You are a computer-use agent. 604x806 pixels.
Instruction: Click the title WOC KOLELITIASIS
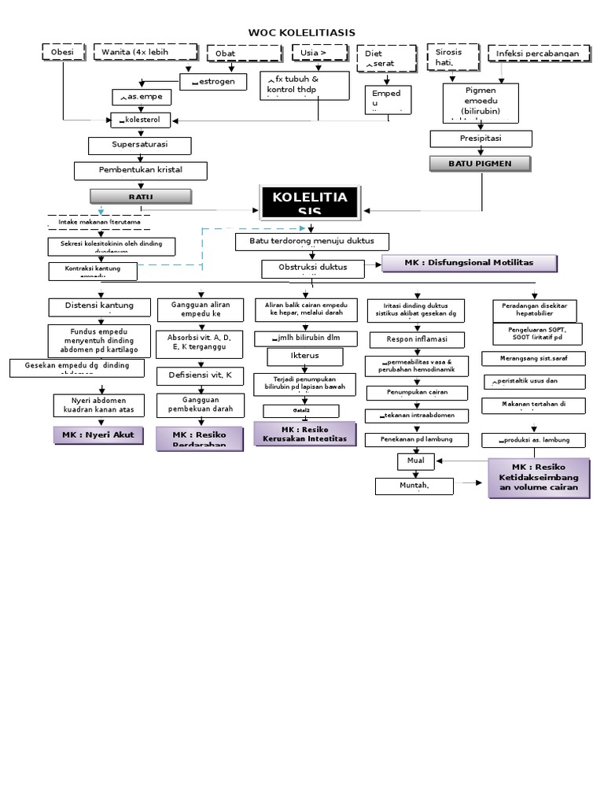pyautogui.click(x=301, y=32)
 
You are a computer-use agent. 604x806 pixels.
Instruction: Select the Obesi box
pyautogui.click(x=63, y=53)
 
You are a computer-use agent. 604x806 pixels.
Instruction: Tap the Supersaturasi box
pyautogui.click(x=139, y=146)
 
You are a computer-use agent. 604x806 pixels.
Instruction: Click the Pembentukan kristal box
pyautogui.click(x=141, y=170)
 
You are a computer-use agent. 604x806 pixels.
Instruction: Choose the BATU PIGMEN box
pyautogui.click(x=480, y=163)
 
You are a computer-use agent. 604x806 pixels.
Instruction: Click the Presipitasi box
pyautogui.click(x=481, y=139)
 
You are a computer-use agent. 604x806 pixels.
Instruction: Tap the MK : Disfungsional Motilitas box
pyautogui.click(x=470, y=263)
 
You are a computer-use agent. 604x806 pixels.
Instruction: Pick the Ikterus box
pyautogui.click(x=304, y=357)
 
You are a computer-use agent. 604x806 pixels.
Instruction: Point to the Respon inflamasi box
pyautogui.click(x=417, y=339)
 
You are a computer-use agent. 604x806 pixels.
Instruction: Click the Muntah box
pyautogui.click(x=414, y=486)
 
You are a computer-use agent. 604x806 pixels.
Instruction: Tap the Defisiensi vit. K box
pyautogui.click(x=200, y=375)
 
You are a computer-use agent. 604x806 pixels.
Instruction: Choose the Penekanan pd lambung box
pyautogui.click(x=417, y=438)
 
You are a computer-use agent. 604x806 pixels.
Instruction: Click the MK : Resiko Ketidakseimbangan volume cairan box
pyautogui.click(x=538, y=477)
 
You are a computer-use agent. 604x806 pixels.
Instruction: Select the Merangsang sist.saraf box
pyautogui.click(x=535, y=358)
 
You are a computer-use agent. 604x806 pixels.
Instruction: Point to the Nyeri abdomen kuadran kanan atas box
pyautogui.click(x=99, y=405)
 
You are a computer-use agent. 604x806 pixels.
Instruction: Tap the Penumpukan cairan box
pyautogui.click(x=417, y=391)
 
